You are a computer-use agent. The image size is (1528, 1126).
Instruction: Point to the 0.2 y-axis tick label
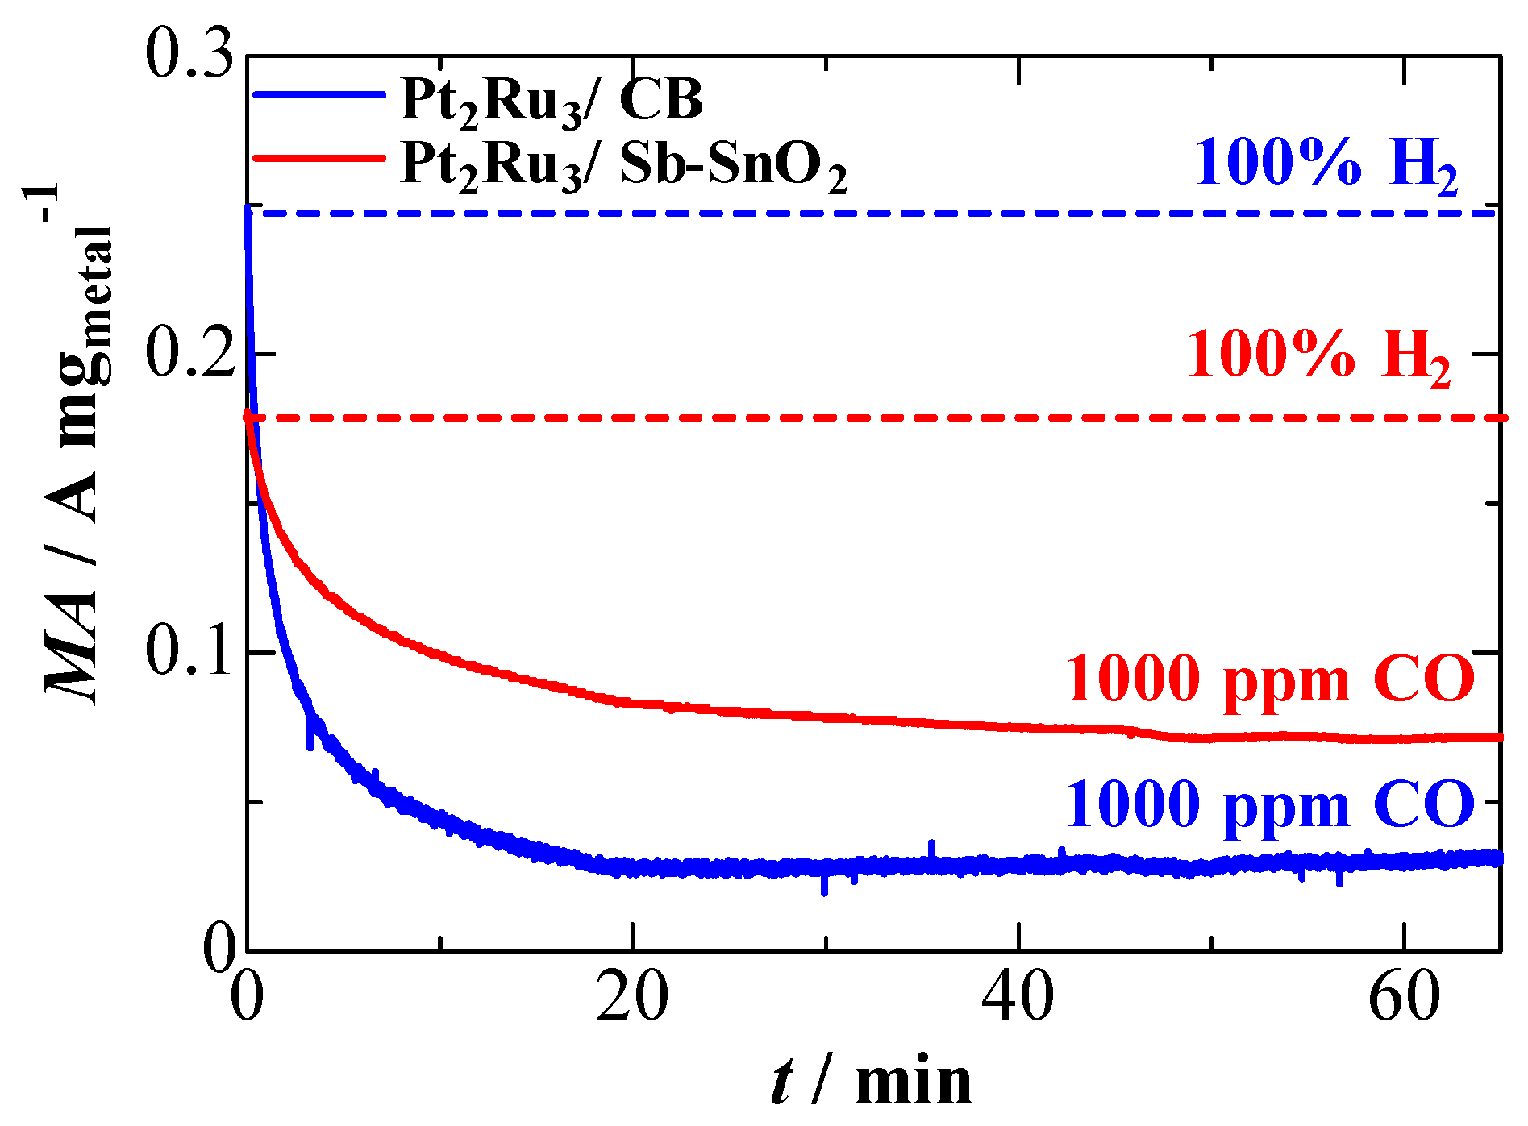click(x=189, y=354)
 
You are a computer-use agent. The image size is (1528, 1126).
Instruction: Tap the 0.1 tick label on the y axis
click(x=189, y=651)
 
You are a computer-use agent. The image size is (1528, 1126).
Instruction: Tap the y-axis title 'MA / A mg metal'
click(x=77, y=451)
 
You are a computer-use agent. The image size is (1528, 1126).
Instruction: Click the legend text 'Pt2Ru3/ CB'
click(x=552, y=103)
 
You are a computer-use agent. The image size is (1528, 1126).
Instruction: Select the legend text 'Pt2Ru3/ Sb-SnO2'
click(x=623, y=165)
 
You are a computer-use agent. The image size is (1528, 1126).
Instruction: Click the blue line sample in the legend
click(x=319, y=95)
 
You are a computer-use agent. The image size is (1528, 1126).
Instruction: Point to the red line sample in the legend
click(x=319, y=157)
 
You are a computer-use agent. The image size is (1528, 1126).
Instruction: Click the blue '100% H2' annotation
click(x=1326, y=165)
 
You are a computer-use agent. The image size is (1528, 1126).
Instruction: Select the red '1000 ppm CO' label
click(x=1270, y=679)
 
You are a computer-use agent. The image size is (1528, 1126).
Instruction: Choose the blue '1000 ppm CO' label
click(x=1270, y=804)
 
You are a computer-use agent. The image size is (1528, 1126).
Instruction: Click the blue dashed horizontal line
click(x=806, y=213)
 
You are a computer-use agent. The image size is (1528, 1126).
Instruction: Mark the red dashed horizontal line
click(x=806, y=418)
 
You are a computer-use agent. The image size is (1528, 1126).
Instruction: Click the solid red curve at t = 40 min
click(x=1018, y=727)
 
